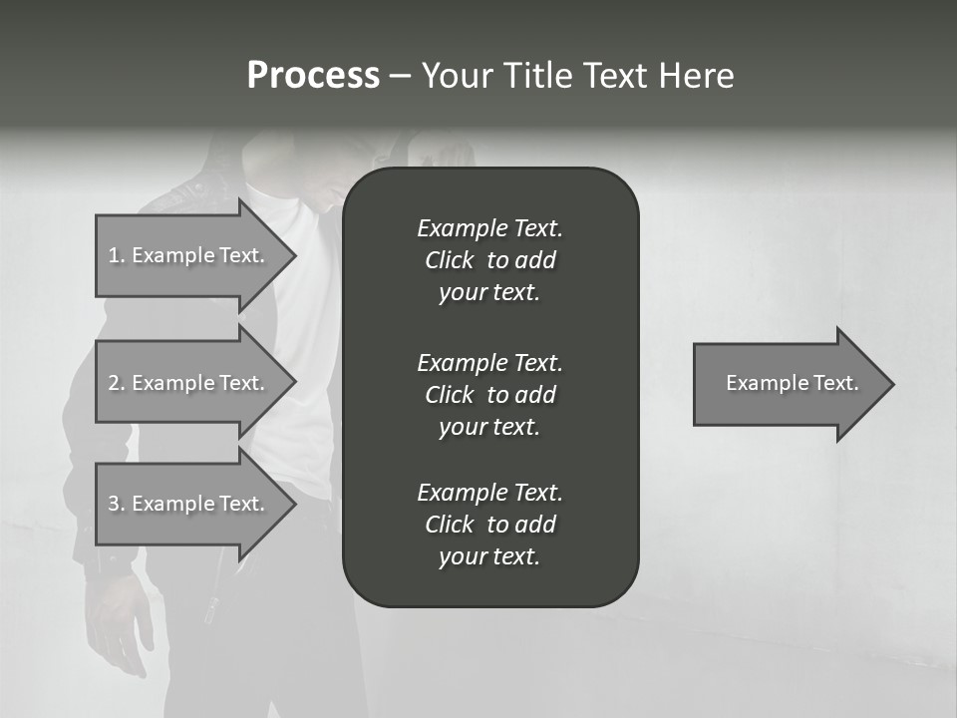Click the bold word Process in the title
click(313, 76)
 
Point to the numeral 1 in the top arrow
click(113, 255)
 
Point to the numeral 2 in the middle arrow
click(114, 383)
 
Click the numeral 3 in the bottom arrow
click(114, 504)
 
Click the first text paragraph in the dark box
click(489, 260)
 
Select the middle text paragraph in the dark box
click(489, 395)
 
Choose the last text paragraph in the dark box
click(489, 525)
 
